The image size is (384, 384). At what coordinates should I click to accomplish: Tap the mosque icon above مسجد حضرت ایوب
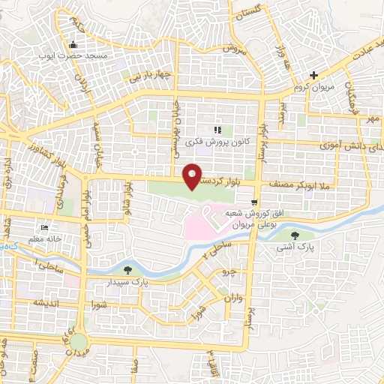point(72,43)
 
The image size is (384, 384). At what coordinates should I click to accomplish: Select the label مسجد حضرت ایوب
point(78,55)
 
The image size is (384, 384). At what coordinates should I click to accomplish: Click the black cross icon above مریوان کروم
point(314,75)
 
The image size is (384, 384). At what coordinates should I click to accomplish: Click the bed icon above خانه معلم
point(45,227)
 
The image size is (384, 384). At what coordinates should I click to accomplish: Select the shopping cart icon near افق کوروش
point(256,202)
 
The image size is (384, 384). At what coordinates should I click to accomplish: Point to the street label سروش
point(233,47)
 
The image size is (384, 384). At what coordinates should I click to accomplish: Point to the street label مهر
point(369,118)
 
